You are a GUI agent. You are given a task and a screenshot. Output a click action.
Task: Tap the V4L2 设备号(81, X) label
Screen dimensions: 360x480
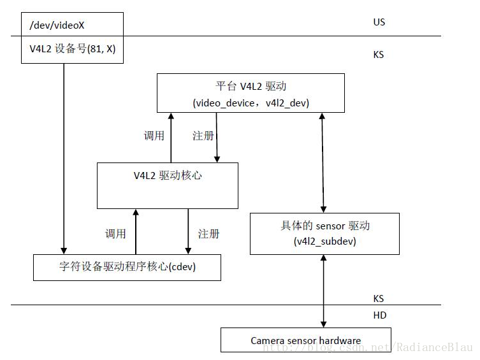pos(72,48)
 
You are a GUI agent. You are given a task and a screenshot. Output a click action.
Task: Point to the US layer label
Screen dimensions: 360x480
pos(379,22)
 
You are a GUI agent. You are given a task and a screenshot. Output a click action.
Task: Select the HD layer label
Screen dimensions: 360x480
pos(379,315)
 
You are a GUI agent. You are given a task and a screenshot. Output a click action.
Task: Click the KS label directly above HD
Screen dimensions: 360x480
pos(379,298)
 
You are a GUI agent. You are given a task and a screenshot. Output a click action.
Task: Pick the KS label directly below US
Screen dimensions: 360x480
pos(379,55)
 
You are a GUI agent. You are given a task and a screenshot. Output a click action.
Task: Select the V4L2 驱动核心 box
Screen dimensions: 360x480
pos(167,185)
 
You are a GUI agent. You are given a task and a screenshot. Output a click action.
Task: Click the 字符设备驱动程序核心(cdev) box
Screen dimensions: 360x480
pos(127,268)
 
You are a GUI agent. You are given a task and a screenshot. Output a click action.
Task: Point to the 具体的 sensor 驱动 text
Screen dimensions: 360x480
pos(325,226)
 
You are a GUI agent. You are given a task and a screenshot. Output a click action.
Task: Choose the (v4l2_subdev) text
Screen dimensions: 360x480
pos(325,241)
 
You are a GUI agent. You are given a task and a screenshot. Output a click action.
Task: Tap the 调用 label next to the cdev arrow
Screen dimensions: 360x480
pos(115,234)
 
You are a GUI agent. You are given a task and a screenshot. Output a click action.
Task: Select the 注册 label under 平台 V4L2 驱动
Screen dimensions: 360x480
pos(203,136)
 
